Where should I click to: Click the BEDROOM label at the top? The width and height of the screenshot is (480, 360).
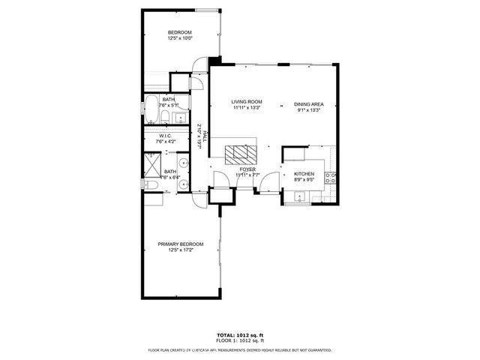pyautogui.click(x=180, y=32)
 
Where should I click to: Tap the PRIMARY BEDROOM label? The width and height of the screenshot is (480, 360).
pyautogui.click(x=180, y=244)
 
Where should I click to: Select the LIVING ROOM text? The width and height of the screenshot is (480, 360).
pyautogui.click(x=246, y=102)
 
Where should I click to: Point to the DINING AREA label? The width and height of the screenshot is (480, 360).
pyautogui.click(x=308, y=104)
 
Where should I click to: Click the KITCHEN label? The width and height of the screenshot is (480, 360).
pyautogui.click(x=304, y=174)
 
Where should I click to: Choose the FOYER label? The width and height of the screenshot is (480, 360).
pyautogui.click(x=247, y=169)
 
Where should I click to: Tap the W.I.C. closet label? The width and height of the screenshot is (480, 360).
pyautogui.click(x=164, y=136)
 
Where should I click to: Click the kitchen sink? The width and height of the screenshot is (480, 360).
pyautogui.click(x=299, y=197)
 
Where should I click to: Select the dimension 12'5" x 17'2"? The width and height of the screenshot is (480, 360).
pyautogui.click(x=180, y=250)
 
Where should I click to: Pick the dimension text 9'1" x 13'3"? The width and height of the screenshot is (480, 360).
pyautogui.click(x=308, y=110)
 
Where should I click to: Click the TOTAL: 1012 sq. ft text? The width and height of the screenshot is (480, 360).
pyautogui.click(x=240, y=334)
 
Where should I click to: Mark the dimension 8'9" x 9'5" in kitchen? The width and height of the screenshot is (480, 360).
pyautogui.click(x=304, y=180)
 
